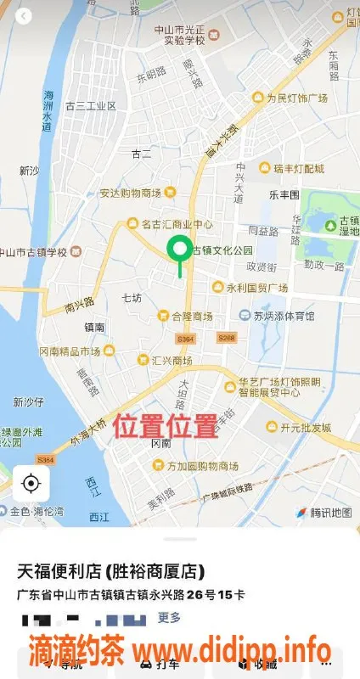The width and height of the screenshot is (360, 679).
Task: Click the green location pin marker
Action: click(x=179, y=250)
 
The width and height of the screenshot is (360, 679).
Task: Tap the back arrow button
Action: click(x=25, y=16)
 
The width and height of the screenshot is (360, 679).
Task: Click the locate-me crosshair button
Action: click(x=31, y=485)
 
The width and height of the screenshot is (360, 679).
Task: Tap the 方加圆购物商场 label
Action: click(x=195, y=466)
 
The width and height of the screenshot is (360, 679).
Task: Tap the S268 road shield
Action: click(x=226, y=337)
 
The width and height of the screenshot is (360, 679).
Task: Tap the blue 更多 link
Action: click(x=169, y=617)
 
